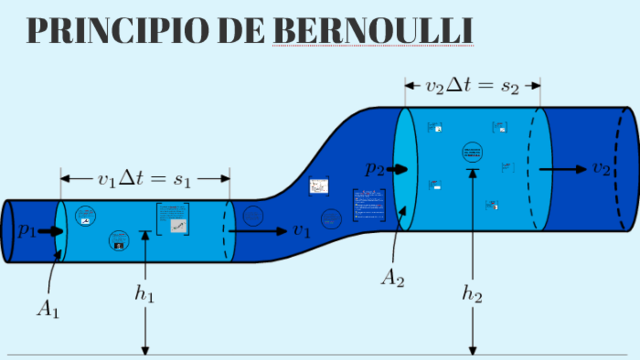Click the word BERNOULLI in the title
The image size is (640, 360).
click(x=373, y=30)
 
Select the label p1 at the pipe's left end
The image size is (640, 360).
click(x=27, y=231)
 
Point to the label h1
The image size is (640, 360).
click(x=147, y=294)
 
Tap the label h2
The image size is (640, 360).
click(x=472, y=294)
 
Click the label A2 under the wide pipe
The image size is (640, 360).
click(x=392, y=275)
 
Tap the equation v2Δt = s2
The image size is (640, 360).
click(x=472, y=87)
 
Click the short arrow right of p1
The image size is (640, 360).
click(x=53, y=231)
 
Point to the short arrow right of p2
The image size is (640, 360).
click(x=400, y=170)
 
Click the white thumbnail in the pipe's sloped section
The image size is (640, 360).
click(x=319, y=186)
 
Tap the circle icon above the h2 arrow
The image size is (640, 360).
click(x=472, y=152)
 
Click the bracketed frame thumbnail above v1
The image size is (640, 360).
click(x=173, y=220)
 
